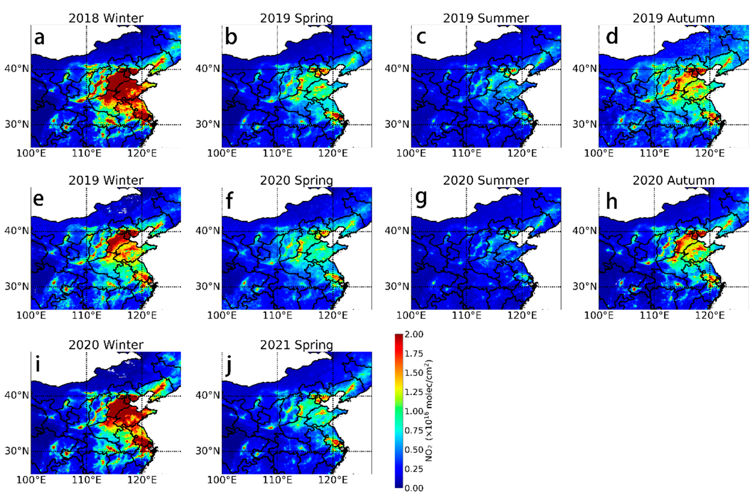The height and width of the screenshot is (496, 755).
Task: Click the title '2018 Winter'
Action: [106, 18]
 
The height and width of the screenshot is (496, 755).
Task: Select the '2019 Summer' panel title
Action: [486, 18]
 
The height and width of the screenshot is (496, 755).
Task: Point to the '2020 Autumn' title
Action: [673, 180]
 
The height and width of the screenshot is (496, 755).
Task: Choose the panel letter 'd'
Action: [612, 37]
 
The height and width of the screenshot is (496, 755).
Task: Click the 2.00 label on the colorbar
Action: [414, 334]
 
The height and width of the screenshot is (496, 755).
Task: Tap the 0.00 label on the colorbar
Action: [414, 488]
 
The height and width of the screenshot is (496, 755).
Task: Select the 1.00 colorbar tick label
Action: [414, 411]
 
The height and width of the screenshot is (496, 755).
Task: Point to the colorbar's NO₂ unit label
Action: [429, 411]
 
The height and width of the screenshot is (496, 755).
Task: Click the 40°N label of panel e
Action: [17, 230]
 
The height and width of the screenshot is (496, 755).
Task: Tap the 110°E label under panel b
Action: [277, 153]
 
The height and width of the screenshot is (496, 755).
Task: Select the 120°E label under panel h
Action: [710, 316]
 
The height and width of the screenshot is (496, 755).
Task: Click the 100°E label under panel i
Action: [31, 480]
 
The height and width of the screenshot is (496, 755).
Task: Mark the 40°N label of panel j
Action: [208, 395]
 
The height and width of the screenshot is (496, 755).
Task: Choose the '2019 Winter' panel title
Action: [106, 180]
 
